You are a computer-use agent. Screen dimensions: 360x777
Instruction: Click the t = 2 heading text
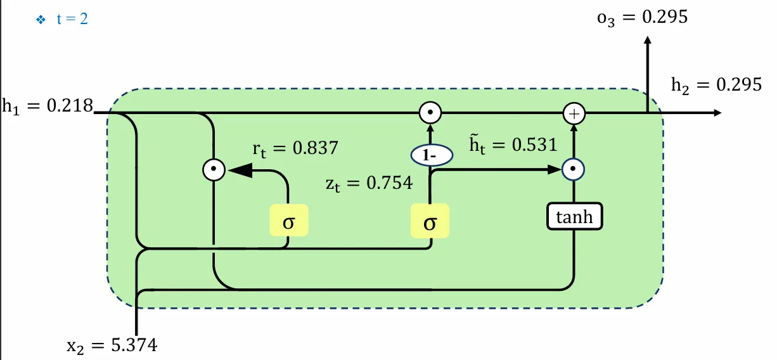pos(72,20)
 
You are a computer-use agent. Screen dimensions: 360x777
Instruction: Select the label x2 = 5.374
pos(112,345)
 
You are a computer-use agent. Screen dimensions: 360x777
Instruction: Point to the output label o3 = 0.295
pos(642,18)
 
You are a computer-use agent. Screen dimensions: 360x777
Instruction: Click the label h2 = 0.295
pos(716,85)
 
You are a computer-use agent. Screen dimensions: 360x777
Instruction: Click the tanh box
pos(574,217)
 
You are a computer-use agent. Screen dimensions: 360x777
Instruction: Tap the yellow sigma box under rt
pos(288,221)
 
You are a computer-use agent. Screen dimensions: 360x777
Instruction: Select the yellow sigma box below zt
pos(430,221)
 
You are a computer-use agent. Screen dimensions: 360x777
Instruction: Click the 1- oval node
pos(430,155)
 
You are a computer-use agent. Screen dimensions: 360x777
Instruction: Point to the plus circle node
pos(574,114)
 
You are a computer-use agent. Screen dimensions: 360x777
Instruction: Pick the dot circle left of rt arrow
pos(214,170)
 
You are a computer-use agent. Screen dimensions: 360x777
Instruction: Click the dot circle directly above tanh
pos(574,170)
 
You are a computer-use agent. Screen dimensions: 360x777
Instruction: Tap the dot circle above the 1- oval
pos(430,114)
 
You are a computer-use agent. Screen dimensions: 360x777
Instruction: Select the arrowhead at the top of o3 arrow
pos(647,39)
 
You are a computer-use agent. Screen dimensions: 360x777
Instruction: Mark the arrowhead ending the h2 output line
pos(717,113)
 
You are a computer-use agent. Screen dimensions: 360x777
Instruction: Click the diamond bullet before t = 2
pos(41,20)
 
